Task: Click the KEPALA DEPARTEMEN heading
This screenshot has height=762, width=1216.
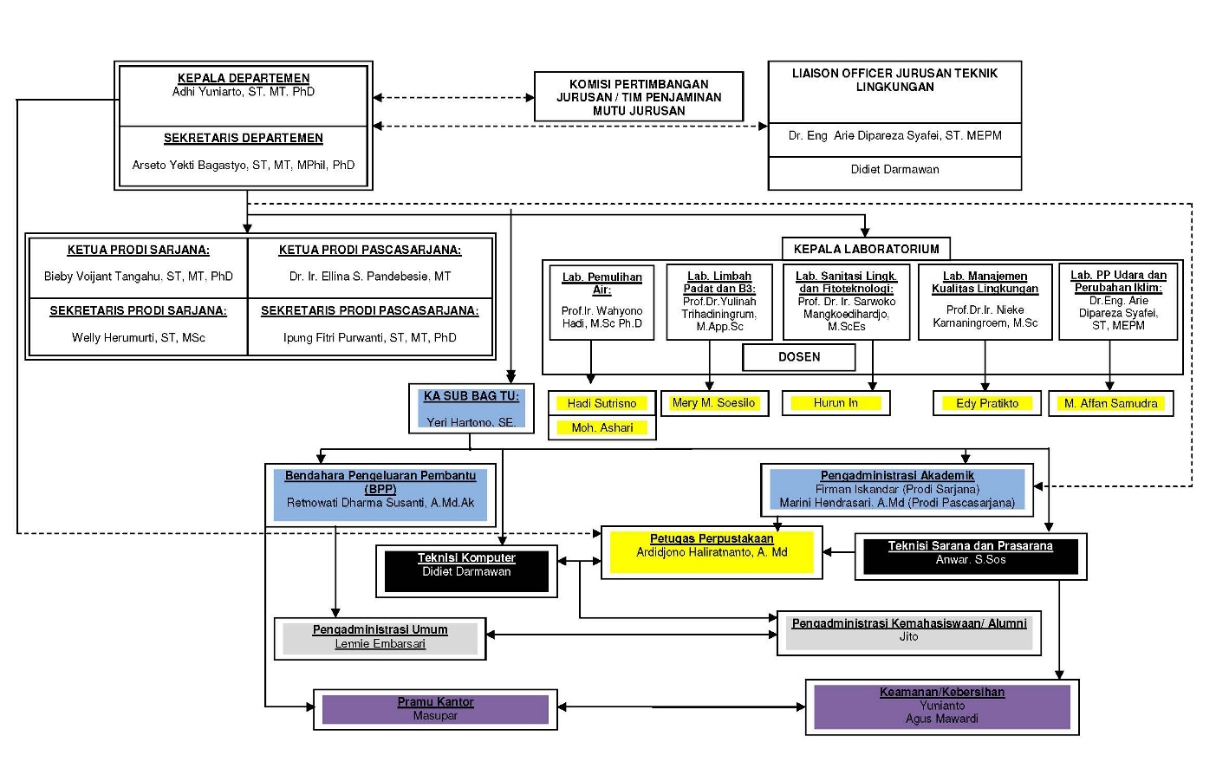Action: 244,78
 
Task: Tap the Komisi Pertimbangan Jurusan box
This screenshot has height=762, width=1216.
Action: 639,97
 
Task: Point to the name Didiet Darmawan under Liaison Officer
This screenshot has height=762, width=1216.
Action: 894,170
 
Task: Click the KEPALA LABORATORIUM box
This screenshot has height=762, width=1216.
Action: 866,249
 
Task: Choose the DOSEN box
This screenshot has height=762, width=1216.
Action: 799,357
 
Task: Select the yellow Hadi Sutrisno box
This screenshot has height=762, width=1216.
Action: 601,403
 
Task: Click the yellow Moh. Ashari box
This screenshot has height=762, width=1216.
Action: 601,427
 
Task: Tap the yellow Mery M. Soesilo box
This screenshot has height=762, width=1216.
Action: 714,403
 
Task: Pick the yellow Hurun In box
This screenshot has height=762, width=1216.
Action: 836,403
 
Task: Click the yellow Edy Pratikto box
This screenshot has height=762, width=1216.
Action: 986,403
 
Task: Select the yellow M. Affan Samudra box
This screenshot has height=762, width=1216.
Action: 1110,403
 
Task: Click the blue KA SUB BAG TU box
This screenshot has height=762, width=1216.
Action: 471,408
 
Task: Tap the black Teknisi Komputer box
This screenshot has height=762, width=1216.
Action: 466,570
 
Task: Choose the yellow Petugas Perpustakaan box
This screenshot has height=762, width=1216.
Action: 712,552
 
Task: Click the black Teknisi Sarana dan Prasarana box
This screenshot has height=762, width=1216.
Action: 970,556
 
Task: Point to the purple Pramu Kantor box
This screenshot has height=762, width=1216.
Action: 435,708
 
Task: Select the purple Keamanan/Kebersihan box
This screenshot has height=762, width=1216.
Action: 942,706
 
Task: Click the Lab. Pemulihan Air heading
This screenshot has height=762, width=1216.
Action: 601,283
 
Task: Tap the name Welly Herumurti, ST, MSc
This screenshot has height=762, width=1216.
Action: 139,337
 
